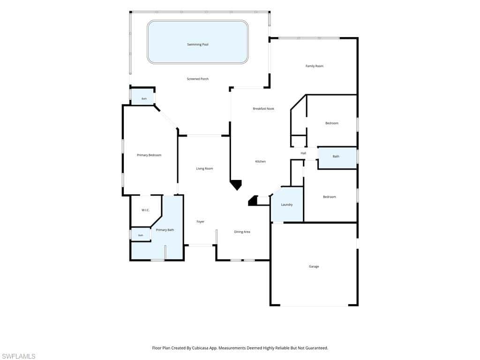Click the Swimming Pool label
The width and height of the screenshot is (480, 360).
click(198, 45)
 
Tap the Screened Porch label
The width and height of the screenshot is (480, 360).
click(198, 79)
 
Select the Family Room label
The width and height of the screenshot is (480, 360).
click(315, 66)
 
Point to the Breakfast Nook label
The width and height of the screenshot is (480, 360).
click(263, 109)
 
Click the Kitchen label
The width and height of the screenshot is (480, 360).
click(261, 162)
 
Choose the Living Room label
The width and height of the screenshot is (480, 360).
click(204, 169)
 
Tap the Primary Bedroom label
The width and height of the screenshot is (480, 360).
click(149, 155)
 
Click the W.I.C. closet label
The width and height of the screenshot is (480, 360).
click(145, 210)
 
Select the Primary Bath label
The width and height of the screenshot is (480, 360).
click(165, 230)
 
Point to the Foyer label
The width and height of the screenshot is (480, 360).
click(201, 222)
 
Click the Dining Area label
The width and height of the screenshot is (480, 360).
click(242, 232)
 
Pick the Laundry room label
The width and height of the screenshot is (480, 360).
click(287, 204)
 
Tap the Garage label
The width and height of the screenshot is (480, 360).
click(314, 267)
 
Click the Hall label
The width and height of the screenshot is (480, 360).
click(303, 153)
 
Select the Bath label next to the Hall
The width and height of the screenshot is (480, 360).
click(336, 157)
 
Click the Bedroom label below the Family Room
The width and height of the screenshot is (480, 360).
click(332, 123)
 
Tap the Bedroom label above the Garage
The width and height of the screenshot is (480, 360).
click(330, 197)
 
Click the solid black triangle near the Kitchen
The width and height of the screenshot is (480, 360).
click(236, 184)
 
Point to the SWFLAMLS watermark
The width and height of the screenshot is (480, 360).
click(18, 356)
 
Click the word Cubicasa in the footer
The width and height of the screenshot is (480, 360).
click(201, 348)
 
